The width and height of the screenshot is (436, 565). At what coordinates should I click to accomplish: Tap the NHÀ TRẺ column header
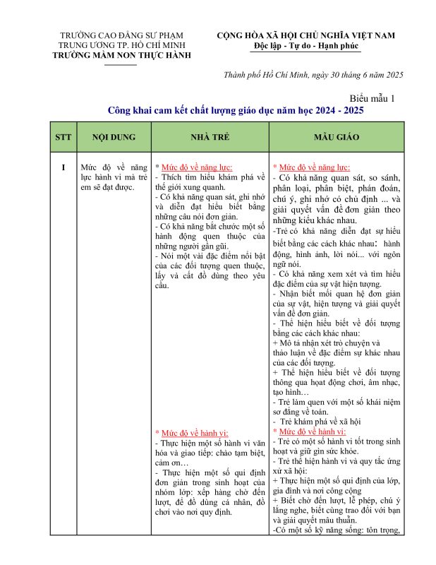click(x=210, y=137)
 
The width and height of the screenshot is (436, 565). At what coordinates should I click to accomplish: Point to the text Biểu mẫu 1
click(x=373, y=98)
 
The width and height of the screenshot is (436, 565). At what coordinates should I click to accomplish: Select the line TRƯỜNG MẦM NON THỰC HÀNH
click(x=121, y=55)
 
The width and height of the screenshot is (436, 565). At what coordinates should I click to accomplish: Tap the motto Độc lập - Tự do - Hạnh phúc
click(x=305, y=46)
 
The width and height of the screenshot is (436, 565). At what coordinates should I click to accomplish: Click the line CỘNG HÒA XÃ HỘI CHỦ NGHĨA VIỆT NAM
click(x=305, y=35)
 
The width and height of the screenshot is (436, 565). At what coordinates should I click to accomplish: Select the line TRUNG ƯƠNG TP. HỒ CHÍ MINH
click(x=121, y=45)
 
